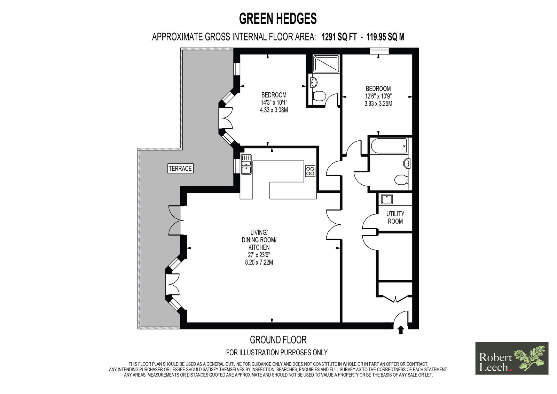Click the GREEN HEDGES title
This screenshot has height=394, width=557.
(278, 18)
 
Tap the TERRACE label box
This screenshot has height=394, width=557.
(180, 169)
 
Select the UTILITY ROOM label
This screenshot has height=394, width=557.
(395, 217)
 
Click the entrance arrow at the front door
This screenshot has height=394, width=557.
(400, 330)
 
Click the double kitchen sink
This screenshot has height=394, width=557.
(246, 164)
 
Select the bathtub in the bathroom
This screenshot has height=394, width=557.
(389, 146)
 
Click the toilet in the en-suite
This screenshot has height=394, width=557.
(319, 96)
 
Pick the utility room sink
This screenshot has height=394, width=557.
(387, 199)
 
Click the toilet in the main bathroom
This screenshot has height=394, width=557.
(401, 179)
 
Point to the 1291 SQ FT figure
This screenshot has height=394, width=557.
(339, 37)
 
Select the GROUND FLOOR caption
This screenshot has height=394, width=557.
(278, 340)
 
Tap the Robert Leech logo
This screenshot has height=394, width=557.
(512, 358)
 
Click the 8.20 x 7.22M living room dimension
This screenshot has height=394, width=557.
(259, 262)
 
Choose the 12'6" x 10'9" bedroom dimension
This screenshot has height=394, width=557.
(378, 96)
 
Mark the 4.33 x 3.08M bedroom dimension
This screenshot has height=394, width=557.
(274, 110)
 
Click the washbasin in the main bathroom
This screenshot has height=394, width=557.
(407, 163)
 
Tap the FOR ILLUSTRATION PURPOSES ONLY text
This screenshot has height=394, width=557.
(277, 353)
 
